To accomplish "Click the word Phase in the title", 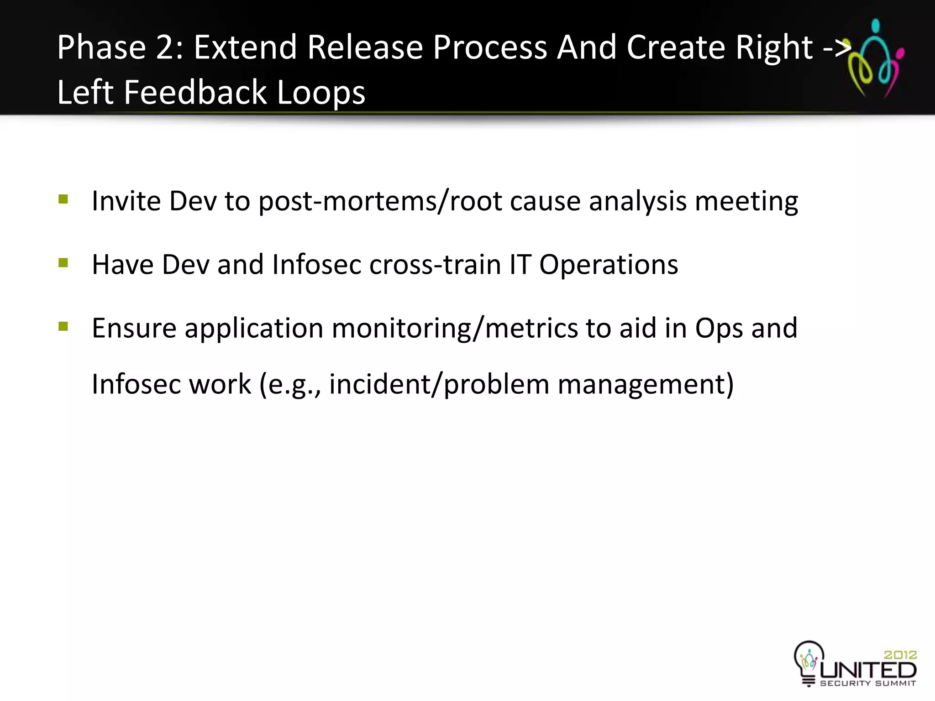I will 101,47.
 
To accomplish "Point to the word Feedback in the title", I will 195,92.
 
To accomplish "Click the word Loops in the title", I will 321,92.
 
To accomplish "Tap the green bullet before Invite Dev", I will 63,199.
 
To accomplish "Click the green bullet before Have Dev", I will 63,263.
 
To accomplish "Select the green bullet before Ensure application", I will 63,326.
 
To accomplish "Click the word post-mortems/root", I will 380,201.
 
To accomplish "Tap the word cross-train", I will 435,265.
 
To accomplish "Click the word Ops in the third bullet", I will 719,329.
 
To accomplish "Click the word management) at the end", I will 646,384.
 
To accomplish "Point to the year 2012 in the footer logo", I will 900,655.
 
